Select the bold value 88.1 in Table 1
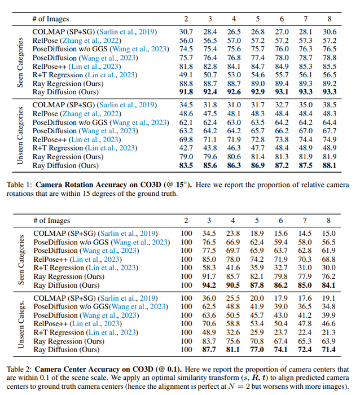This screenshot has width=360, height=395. (x=329, y=165)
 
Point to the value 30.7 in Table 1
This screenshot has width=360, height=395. (x=186, y=32)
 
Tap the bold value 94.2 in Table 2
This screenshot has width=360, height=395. (x=209, y=285)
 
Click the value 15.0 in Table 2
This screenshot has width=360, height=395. (x=329, y=233)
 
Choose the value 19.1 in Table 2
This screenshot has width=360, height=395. (x=329, y=297)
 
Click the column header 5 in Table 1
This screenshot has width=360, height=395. (x=257, y=18)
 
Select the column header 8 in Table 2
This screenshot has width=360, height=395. (x=328, y=220)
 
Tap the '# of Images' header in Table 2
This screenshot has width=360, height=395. (x=54, y=220)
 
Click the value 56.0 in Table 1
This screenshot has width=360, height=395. (x=186, y=41)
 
